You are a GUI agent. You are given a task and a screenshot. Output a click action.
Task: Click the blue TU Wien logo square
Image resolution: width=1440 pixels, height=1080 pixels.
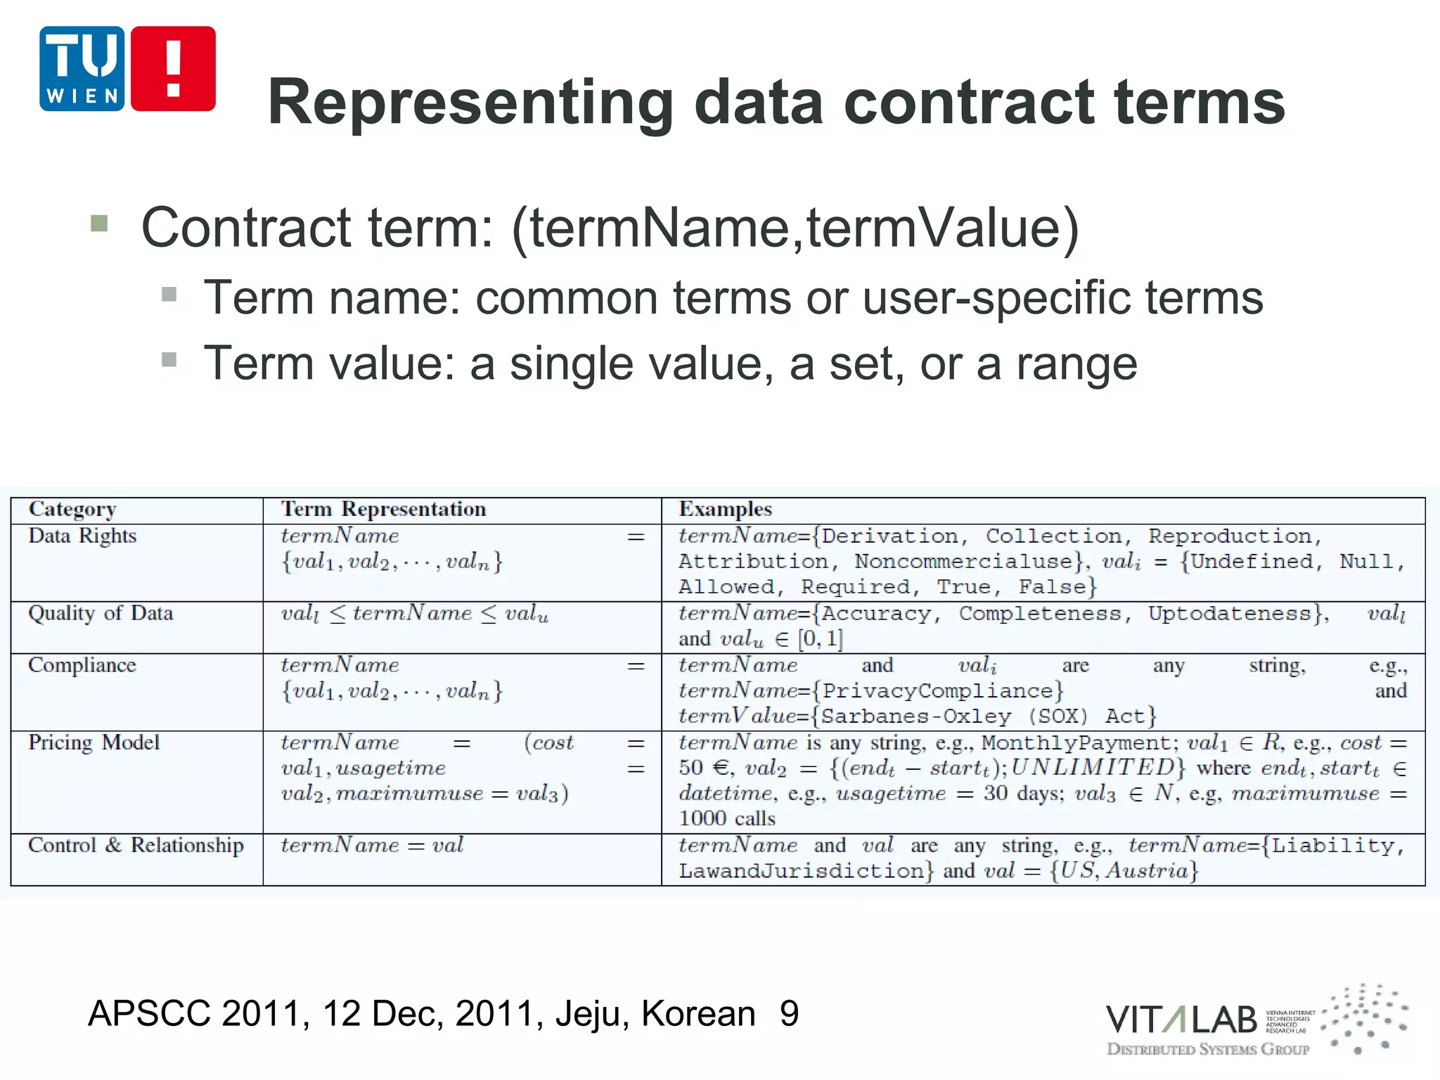tap(82, 69)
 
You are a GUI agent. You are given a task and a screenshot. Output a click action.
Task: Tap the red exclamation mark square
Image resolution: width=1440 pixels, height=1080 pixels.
tap(173, 69)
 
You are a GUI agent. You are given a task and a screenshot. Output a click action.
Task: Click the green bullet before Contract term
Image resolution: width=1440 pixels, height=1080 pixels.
tap(99, 224)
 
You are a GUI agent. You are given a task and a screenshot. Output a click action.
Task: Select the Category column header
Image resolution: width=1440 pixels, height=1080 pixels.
tap(72, 510)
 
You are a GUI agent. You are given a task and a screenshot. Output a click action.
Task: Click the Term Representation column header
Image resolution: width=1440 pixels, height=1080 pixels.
tap(383, 509)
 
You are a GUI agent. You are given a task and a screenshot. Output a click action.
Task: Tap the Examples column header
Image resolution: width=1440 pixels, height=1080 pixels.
tap(725, 509)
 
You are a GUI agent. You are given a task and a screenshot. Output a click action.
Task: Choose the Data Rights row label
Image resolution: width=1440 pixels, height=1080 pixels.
tap(82, 536)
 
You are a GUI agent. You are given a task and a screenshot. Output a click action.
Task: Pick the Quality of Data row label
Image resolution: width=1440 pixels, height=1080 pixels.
tap(101, 614)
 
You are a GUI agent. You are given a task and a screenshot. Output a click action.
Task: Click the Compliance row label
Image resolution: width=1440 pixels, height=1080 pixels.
tap(82, 665)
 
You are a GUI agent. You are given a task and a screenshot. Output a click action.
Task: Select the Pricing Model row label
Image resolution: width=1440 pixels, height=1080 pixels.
tap(94, 742)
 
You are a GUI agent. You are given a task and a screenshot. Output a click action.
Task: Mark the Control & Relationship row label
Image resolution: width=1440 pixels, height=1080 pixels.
tap(136, 845)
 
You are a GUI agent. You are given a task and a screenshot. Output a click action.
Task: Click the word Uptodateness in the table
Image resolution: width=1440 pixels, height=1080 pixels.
tap(1230, 614)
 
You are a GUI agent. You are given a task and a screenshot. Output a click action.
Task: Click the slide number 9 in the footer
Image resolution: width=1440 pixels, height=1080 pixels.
tap(789, 1014)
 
